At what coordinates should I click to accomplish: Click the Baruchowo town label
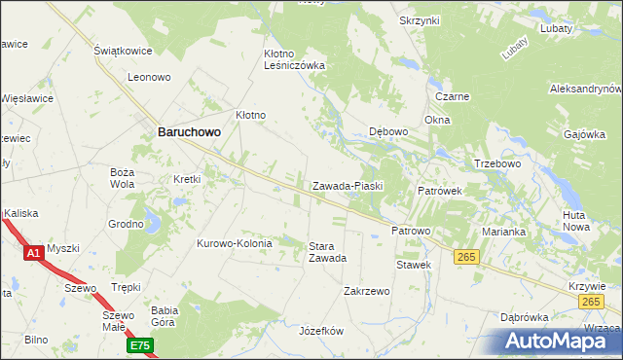pos(189,135)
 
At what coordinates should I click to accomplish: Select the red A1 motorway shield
pos(33,253)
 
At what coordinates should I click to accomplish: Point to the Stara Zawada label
pos(327,252)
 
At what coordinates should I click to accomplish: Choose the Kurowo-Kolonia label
pos(236,243)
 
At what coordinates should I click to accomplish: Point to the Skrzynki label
pos(420,20)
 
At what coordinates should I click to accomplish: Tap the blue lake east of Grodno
pos(152,225)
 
